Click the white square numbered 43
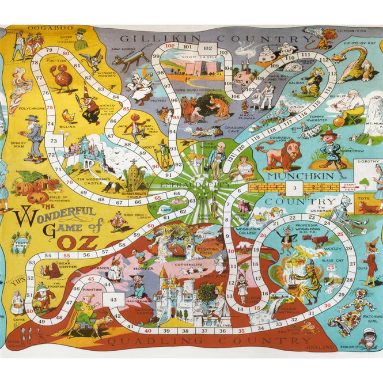click(113, 299)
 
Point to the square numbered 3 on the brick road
click(295, 188)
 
